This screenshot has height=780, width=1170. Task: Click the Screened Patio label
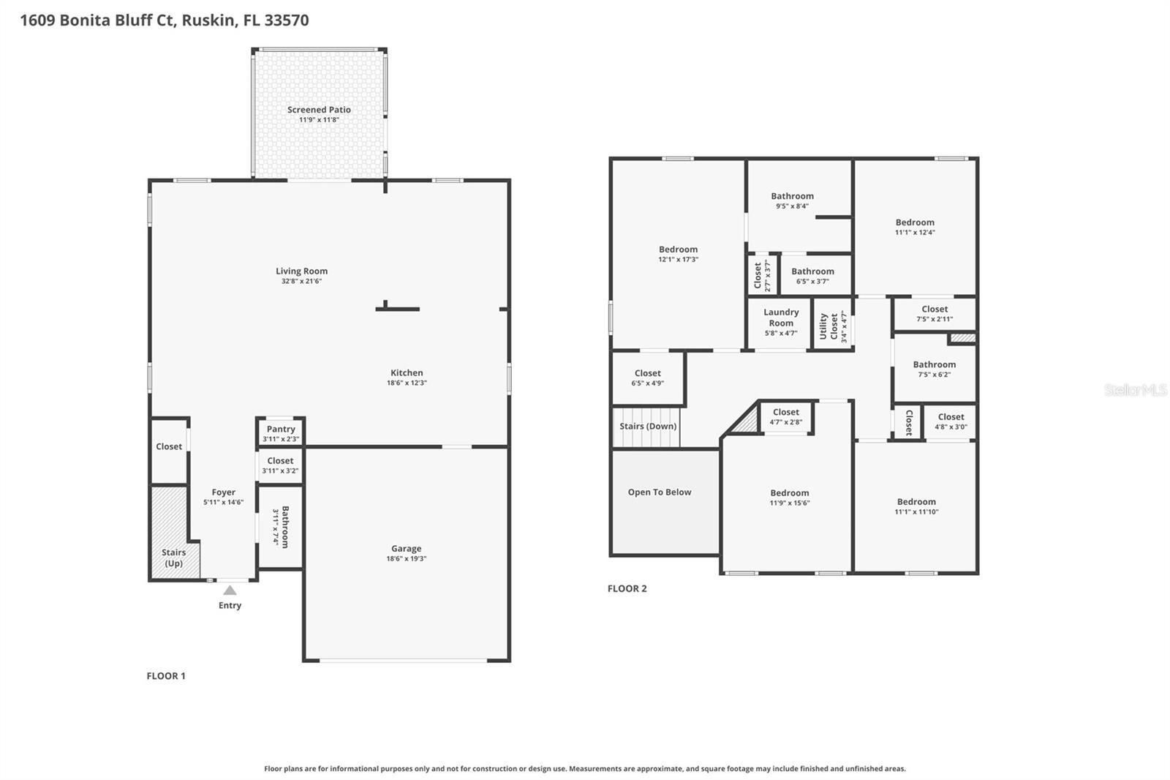click(319, 110)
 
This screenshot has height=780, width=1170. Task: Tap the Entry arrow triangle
click(230, 590)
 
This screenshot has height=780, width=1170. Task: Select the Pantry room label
click(281, 430)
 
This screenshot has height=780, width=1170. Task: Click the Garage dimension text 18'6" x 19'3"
click(407, 559)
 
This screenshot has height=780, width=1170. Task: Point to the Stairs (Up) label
click(174, 558)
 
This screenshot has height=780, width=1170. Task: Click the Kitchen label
click(407, 372)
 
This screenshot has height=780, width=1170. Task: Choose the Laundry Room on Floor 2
click(781, 318)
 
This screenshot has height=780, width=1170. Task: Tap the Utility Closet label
click(829, 326)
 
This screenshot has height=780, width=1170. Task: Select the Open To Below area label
click(660, 492)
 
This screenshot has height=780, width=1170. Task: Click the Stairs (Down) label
click(648, 427)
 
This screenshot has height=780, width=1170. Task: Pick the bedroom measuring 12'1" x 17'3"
click(678, 254)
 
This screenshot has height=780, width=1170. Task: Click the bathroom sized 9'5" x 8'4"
click(792, 200)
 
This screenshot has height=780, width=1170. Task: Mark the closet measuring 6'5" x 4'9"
click(648, 378)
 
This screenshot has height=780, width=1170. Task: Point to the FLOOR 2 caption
click(627, 588)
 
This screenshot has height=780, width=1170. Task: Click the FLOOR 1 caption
click(166, 676)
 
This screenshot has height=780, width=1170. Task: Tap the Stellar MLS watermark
click(1135, 390)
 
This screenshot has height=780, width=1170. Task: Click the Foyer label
click(224, 492)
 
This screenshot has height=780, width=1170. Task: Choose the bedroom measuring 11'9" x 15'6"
click(789, 498)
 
